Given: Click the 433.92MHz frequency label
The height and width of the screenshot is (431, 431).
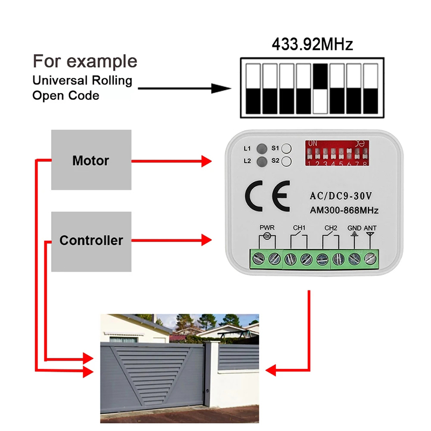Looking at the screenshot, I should [312, 44].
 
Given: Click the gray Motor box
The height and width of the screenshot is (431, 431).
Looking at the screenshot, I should [91, 160].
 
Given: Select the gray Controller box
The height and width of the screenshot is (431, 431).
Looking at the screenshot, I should [91, 240].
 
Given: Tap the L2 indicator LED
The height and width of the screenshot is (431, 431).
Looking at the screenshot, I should [262, 161].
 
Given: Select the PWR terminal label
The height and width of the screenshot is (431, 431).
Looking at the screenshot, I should [267, 228].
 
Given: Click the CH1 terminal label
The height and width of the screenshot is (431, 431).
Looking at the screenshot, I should [299, 228].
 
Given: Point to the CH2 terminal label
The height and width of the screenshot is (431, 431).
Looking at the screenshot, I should [330, 228].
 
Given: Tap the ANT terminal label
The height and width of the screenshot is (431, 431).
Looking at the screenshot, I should [370, 228].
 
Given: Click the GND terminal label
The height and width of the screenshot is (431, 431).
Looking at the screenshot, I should [354, 228].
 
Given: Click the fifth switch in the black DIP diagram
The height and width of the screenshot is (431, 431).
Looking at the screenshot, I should [321, 88].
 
